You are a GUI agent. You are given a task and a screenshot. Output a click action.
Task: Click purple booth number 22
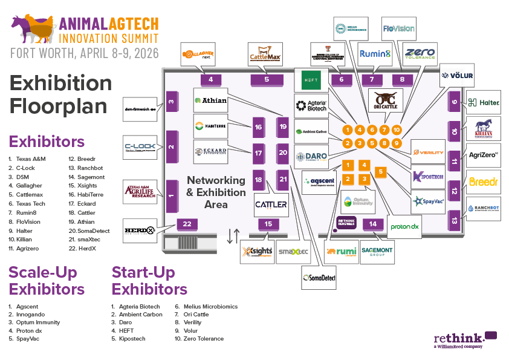pyautogui.click(x=187, y=224)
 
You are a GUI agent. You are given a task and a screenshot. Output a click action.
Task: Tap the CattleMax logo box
pyautogui.click(x=266, y=53)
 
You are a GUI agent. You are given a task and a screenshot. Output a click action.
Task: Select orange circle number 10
pyautogui.click(x=397, y=129)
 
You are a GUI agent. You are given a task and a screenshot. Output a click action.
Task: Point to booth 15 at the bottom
pyautogui.click(x=268, y=224)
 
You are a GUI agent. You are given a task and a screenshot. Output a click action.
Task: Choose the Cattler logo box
pyautogui.click(x=271, y=204)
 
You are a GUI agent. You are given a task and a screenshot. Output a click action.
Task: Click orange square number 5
pyautogui.click(x=380, y=172)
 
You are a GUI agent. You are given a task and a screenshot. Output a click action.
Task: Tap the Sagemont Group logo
pyautogui.click(x=377, y=250)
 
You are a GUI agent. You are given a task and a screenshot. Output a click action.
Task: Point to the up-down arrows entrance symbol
pyautogui.click(x=233, y=236)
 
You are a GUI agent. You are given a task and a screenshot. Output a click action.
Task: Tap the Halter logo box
pyautogui.click(x=484, y=103)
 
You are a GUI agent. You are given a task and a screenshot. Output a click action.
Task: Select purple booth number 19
pyautogui.click(x=283, y=126)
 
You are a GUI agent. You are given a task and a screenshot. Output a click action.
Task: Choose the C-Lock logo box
pyautogui.click(x=140, y=147)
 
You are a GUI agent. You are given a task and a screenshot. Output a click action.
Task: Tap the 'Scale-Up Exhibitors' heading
pyautogui.click(x=47, y=280)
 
